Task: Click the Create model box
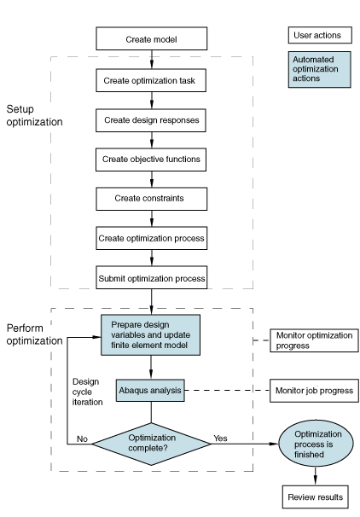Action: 152,38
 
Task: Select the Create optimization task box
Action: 151,80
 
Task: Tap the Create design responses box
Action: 151,120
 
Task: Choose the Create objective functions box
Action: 151,160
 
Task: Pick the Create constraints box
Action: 152,199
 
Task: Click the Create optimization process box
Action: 152,238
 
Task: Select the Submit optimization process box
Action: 152,277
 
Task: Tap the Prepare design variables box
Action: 151,335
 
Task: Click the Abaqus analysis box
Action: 150,391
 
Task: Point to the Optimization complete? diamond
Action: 151,444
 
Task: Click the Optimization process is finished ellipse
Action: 316,444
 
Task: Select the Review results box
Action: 315,497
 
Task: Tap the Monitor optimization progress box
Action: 314,340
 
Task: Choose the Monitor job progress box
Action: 314,391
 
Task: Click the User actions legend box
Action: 320,35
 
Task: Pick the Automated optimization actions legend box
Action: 319,70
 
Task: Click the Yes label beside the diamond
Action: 220,439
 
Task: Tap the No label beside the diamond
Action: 82,439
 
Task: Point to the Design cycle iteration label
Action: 87,392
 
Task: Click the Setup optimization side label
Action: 34,115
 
